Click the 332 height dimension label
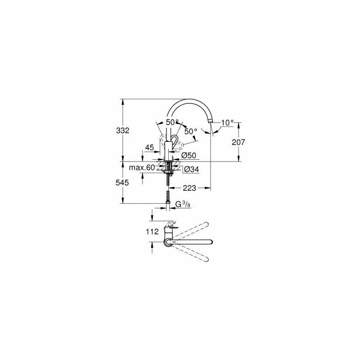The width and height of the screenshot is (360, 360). [123, 130]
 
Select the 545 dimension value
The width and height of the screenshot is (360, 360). [122, 183]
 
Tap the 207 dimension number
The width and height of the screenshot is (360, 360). [238, 142]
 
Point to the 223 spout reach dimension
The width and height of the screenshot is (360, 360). [189, 188]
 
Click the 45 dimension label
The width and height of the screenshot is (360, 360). [149, 148]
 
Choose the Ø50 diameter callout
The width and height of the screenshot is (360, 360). [189, 155]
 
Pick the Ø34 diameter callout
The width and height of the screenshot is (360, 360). [192, 170]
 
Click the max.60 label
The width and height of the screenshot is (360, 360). [142, 167]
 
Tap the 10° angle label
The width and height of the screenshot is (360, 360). [227, 123]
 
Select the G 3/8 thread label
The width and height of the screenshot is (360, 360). [183, 204]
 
